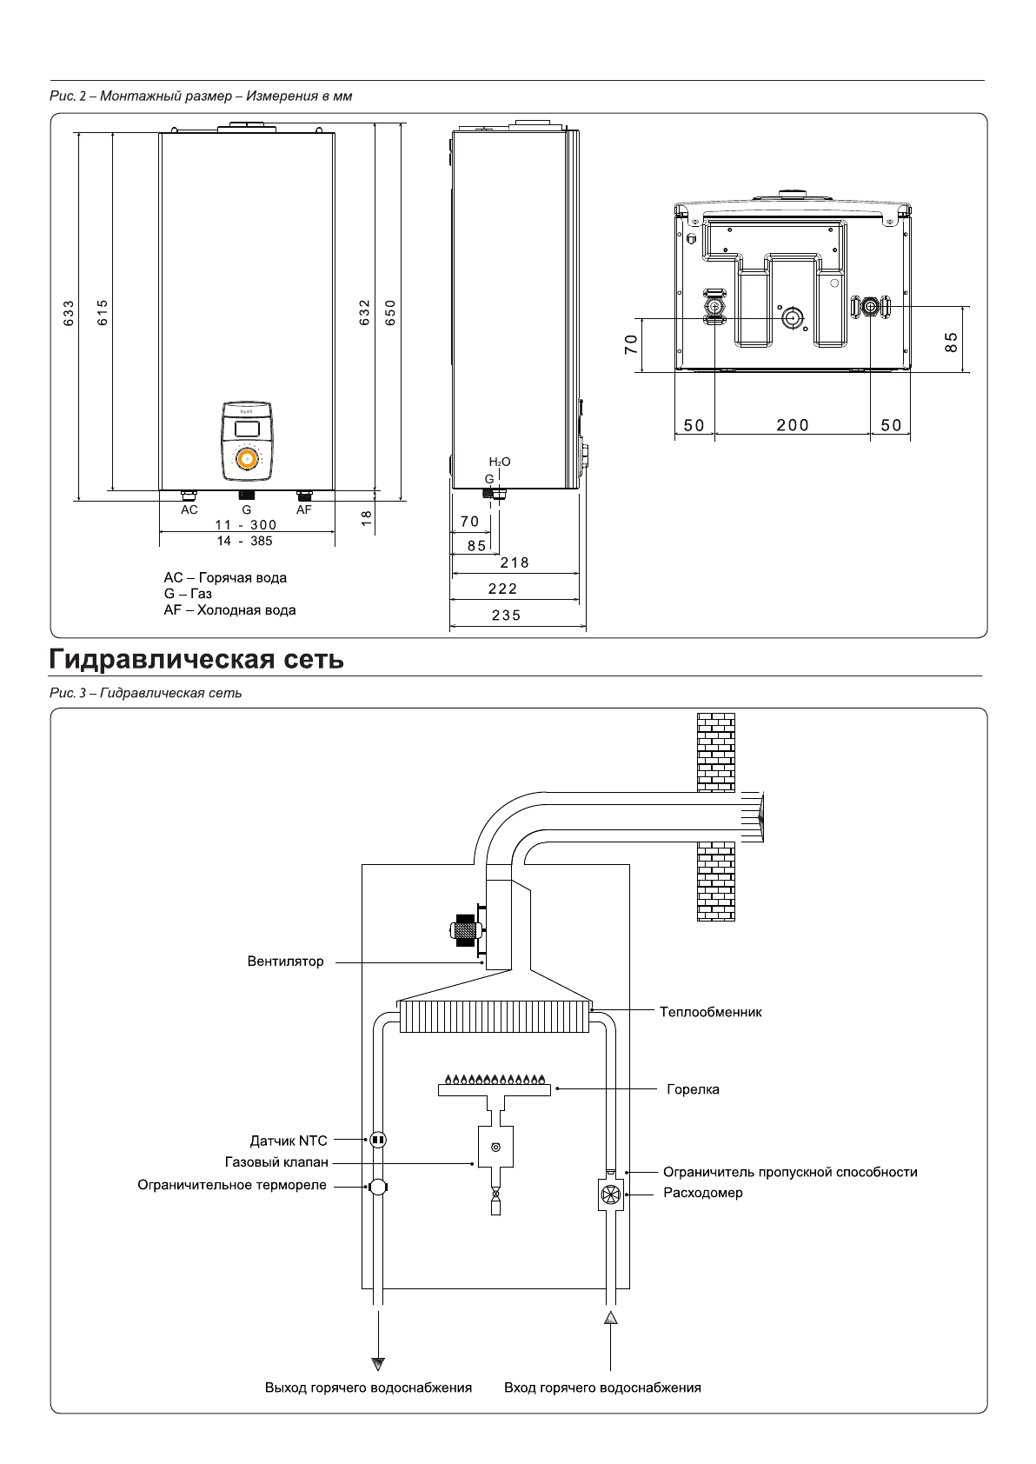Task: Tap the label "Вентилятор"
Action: tap(285, 962)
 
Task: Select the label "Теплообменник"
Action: tap(710, 1012)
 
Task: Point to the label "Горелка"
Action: tap(693, 1089)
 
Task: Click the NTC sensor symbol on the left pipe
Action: tap(377, 1139)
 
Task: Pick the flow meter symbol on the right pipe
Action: tap(612, 1194)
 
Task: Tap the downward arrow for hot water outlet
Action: tap(378, 1364)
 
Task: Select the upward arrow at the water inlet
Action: tap(611, 1318)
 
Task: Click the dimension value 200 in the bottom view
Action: tap(792, 425)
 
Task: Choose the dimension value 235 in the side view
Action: tap(506, 616)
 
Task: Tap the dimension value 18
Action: tap(366, 516)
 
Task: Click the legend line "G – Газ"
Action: tap(188, 594)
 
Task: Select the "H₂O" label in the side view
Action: tap(500, 462)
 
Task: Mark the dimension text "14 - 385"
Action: tap(245, 541)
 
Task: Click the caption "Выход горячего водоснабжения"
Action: tap(369, 1387)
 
